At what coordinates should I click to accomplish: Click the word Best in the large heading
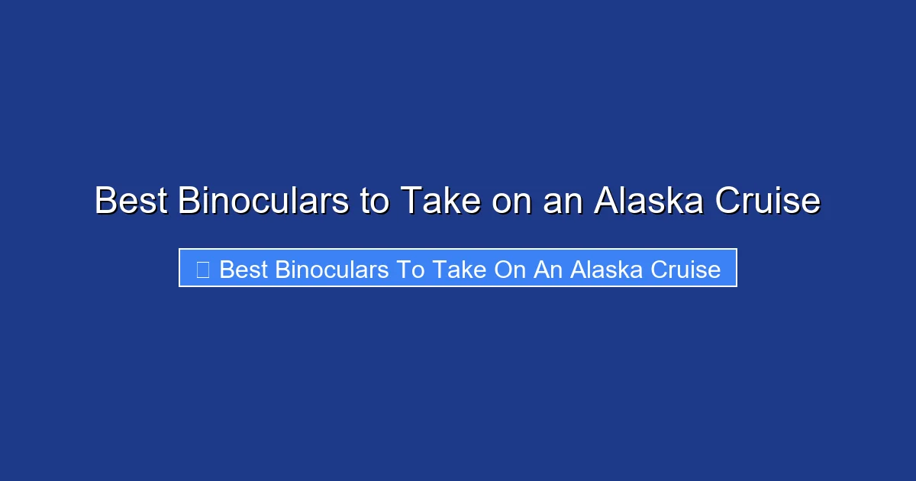pyautogui.click(x=131, y=202)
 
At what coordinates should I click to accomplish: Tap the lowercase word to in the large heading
pyautogui.click(x=375, y=202)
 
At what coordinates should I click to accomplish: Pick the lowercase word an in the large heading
pyautogui.click(x=562, y=202)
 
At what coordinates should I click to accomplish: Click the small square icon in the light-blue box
pyautogui.click(x=202, y=270)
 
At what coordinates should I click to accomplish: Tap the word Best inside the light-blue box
pyautogui.click(x=243, y=270)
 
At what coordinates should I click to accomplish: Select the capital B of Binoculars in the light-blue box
pyautogui.click(x=281, y=270)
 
